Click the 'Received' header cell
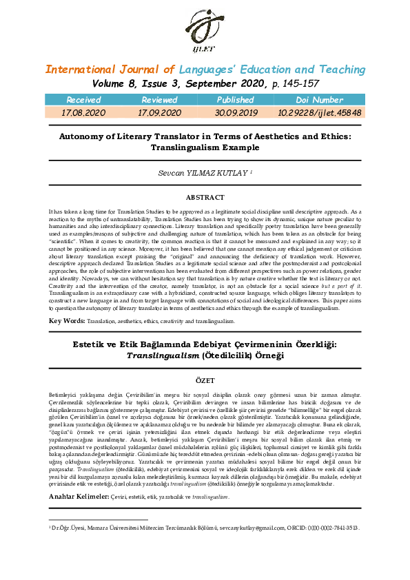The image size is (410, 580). click(x=83, y=101)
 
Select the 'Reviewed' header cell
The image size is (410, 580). click(x=159, y=101)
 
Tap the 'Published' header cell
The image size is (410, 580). click(x=236, y=101)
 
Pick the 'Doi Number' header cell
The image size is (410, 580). click(x=319, y=101)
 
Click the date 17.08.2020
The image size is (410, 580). click(x=83, y=112)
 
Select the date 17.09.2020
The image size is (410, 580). click(x=159, y=112)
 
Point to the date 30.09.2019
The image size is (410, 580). click(x=236, y=112)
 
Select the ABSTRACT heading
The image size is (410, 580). click(x=205, y=197)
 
